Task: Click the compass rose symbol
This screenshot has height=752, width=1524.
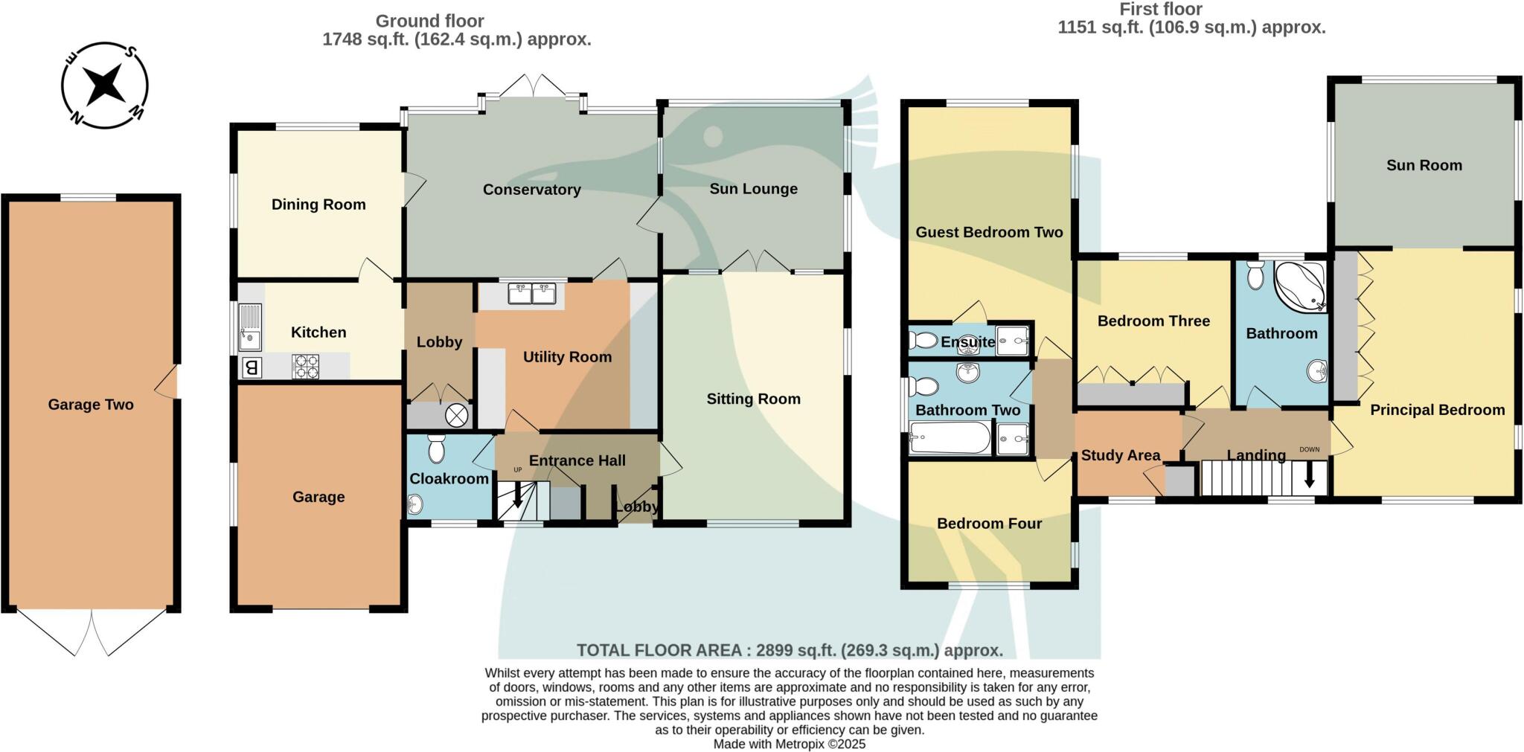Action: point(104,85)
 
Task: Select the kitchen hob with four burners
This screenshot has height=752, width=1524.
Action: point(305,365)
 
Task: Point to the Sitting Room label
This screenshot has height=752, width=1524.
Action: point(753,399)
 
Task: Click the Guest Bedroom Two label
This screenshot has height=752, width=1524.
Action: point(989,232)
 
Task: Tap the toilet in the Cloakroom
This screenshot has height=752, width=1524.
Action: point(437,449)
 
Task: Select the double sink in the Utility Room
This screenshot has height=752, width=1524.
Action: point(532,294)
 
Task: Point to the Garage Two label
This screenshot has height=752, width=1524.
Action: point(91,405)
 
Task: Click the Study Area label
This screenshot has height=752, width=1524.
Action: point(1120,455)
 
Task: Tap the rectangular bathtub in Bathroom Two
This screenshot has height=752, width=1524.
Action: point(950,438)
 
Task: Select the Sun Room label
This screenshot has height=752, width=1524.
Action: point(1424,165)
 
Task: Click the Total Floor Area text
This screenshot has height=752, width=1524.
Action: point(790,650)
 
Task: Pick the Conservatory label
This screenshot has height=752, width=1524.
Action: point(531,190)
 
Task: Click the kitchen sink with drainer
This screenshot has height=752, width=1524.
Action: point(250,328)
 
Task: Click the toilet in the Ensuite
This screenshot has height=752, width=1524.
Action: point(923,341)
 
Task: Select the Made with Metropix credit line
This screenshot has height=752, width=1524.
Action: point(789,744)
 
